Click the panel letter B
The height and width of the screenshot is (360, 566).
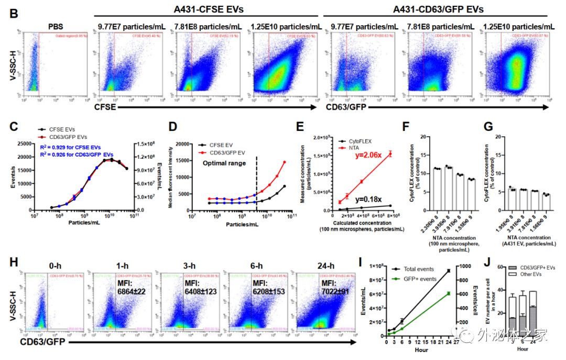[x=15, y=12]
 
